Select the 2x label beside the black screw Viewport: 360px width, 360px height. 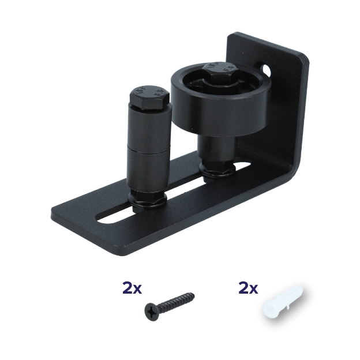click(x=132, y=288)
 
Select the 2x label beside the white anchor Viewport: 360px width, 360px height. click(x=248, y=288)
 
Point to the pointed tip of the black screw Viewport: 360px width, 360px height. click(x=194, y=294)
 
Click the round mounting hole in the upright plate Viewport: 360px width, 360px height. click(x=267, y=69)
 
